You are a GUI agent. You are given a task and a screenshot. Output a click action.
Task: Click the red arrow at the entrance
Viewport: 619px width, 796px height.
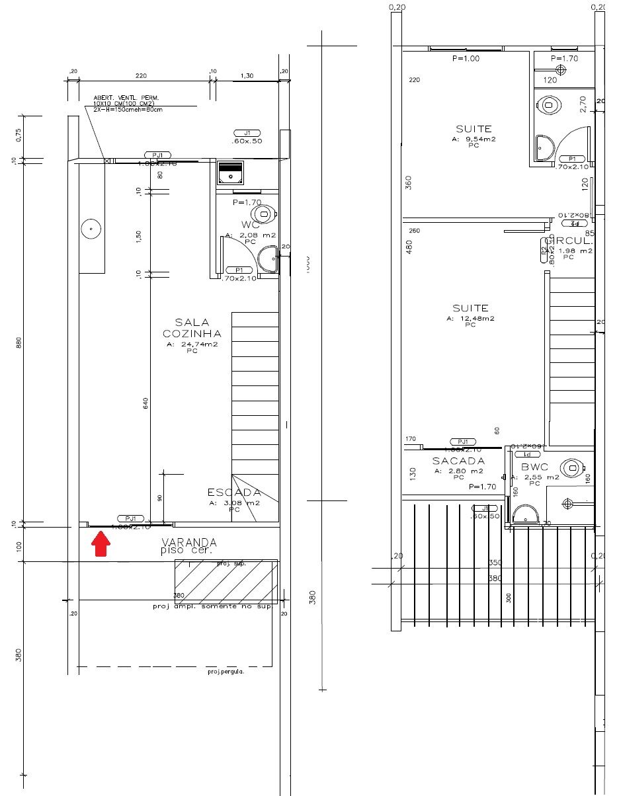pyautogui.click(x=101, y=544)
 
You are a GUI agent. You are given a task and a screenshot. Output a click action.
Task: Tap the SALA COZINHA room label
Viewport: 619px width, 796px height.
pyautogui.click(x=192, y=327)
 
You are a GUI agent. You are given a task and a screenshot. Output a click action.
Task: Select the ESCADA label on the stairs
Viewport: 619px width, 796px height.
pyautogui.click(x=234, y=493)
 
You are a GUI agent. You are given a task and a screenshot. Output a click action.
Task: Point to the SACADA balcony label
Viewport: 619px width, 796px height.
pyautogui.click(x=458, y=461)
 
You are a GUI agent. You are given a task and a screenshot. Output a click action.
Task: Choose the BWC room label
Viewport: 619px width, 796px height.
pyautogui.click(x=534, y=467)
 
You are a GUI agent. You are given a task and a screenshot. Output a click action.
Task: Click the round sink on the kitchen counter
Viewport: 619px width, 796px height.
pyautogui.click(x=91, y=229)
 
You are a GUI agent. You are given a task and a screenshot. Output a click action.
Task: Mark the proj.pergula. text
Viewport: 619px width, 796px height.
pyautogui.click(x=226, y=671)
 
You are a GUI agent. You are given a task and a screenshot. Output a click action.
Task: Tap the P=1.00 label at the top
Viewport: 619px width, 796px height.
pyautogui.click(x=466, y=58)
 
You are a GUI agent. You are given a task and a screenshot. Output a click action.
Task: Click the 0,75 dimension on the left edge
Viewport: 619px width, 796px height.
pyautogui.click(x=19, y=134)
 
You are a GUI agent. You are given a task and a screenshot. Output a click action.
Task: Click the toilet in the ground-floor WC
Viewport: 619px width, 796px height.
pyautogui.click(x=266, y=214)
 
